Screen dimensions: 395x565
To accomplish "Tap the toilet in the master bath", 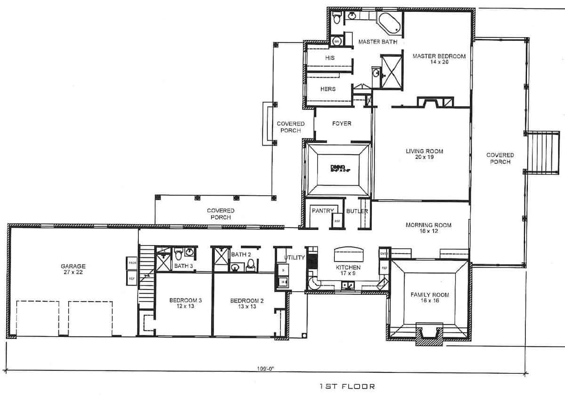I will pyautogui.click(x=336, y=19).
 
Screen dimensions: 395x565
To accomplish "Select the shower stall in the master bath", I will pyautogui.click(x=390, y=72).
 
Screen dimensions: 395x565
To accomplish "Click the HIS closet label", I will pyautogui.click(x=329, y=58).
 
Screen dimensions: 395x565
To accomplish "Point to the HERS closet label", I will pyautogui.click(x=328, y=89).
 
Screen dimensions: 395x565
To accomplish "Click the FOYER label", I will pyautogui.click(x=341, y=124).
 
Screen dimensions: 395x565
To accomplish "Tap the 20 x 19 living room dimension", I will pyautogui.click(x=421, y=157).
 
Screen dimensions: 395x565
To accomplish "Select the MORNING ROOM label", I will pyautogui.click(x=428, y=225).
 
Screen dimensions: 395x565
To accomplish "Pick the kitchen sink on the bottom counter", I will pyautogui.click(x=349, y=285).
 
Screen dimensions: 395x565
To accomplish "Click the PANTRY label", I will pyautogui.click(x=323, y=211).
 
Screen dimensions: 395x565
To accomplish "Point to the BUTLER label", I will pyautogui.click(x=356, y=211).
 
